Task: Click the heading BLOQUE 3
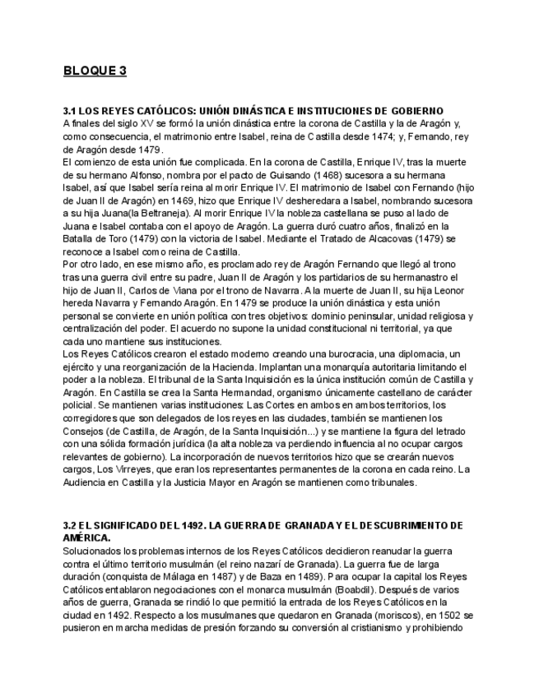click(x=95, y=71)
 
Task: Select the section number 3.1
click(x=70, y=110)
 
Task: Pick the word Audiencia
click(x=89, y=483)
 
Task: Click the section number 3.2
click(x=70, y=524)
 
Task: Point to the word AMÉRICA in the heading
click(x=87, y=537)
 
